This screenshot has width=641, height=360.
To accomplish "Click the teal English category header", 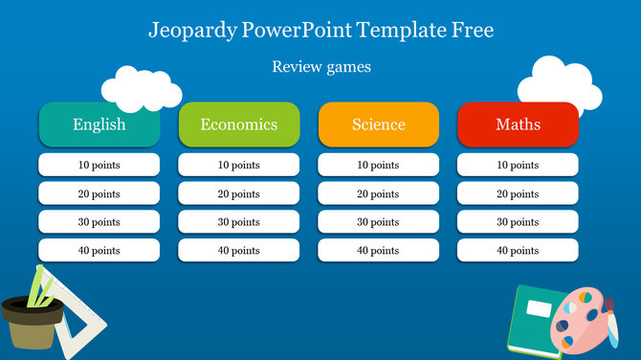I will coord(99,124).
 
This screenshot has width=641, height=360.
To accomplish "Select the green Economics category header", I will coord(238,124).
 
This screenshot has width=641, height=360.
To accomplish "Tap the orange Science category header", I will coord(378,124).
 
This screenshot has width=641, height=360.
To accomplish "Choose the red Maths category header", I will coord(518,124).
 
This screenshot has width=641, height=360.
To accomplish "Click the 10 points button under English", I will coord(99,165).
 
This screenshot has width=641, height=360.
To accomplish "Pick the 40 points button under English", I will coord(99,251).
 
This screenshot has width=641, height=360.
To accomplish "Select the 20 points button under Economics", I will coord(238,193).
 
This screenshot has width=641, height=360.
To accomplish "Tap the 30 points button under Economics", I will coord(238,222).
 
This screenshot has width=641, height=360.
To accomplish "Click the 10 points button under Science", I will coord(378,165).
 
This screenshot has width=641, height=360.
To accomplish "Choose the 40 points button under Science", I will coord(378,251).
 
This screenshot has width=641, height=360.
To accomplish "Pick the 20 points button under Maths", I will coord(518,193).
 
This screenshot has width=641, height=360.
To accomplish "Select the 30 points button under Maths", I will coord(518,222).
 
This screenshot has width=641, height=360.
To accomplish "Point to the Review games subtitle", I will coord(320,67).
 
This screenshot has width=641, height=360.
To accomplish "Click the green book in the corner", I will coord(532,321).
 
